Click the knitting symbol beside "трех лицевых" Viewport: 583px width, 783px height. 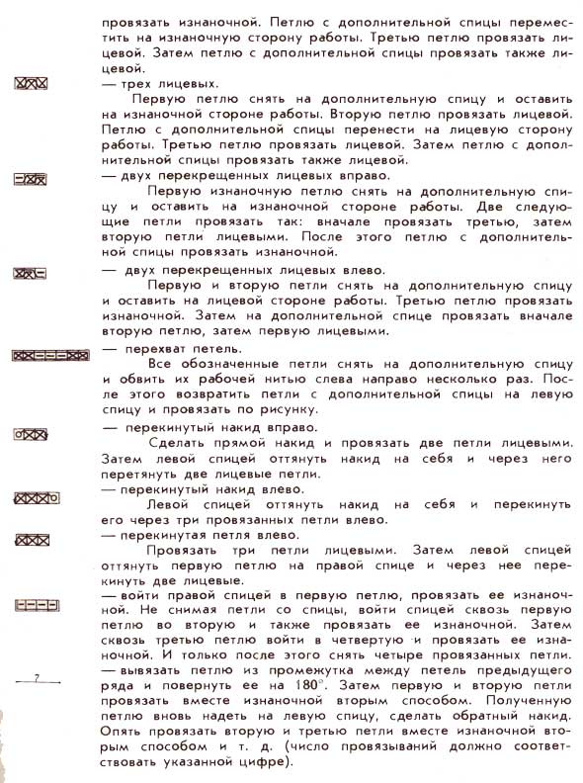pyautogui.click(x=31, y=84)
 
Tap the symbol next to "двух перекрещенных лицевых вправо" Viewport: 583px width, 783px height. pyautogui.click(x=31, y=178)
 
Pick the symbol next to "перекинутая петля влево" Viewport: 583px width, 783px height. pyautogui.click(x=32, y=539)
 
